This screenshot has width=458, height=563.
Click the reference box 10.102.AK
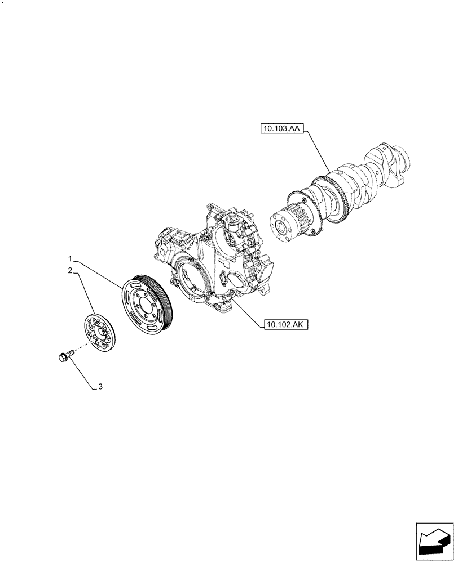284,325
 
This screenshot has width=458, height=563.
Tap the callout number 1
70,258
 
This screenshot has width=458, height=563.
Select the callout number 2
70,271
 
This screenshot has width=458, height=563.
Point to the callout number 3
100,386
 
